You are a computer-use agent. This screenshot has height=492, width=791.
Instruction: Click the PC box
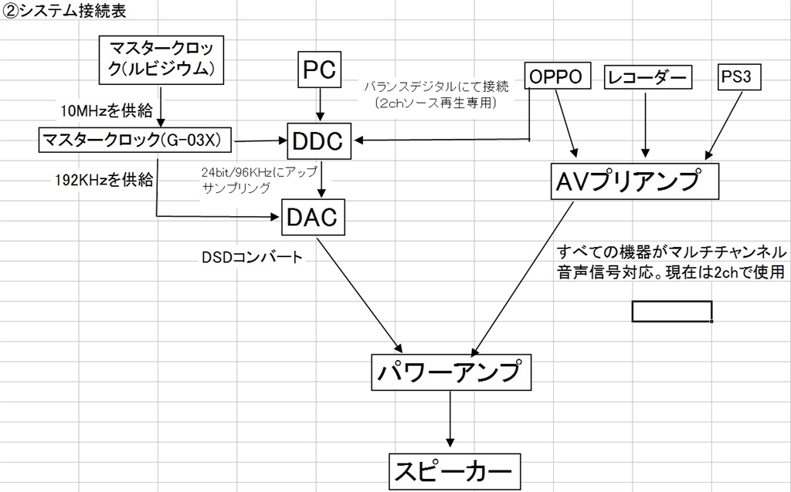[x=318, y=70]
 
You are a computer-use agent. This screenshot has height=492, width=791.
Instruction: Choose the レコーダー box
[x=647, y=76]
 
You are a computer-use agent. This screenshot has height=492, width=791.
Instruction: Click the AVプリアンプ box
[x=635, y=181]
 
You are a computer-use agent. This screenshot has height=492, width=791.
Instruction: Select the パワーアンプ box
[x=450, y=372]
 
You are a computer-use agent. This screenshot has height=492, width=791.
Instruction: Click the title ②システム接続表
[x=66, y=13]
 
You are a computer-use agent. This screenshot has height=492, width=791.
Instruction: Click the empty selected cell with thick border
[x=671, y=310]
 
